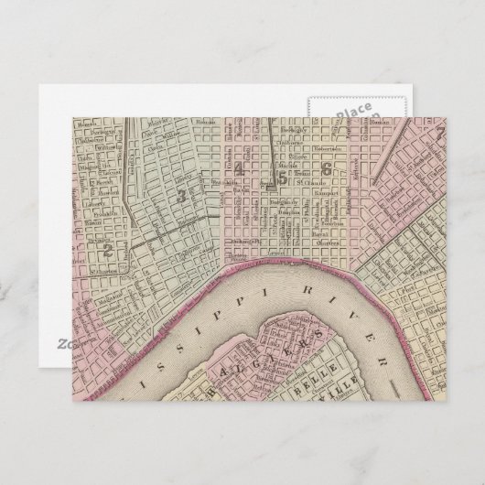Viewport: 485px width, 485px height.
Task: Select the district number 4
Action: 239,168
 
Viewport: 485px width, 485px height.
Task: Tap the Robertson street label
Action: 327,145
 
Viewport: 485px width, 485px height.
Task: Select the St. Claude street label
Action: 326,182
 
